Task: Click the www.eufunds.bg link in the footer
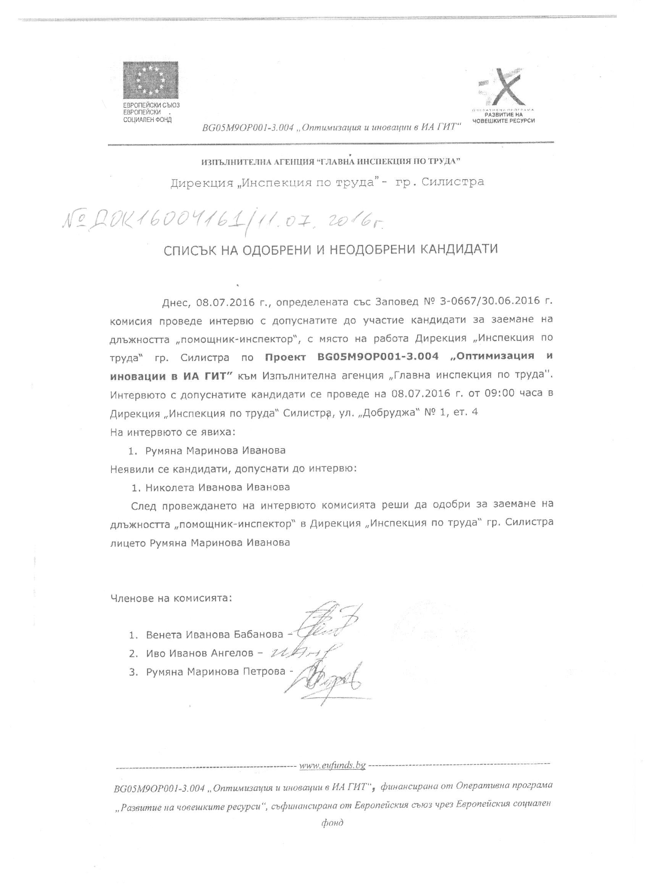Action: tap(333, 766)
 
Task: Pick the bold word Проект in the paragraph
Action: tap(285, 357)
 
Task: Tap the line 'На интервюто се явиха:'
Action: tap(173, 432)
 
